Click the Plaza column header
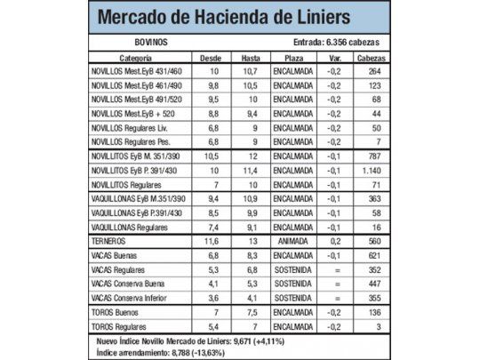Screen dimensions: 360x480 click(292, 56)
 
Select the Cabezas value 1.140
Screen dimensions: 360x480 click(371, 169)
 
